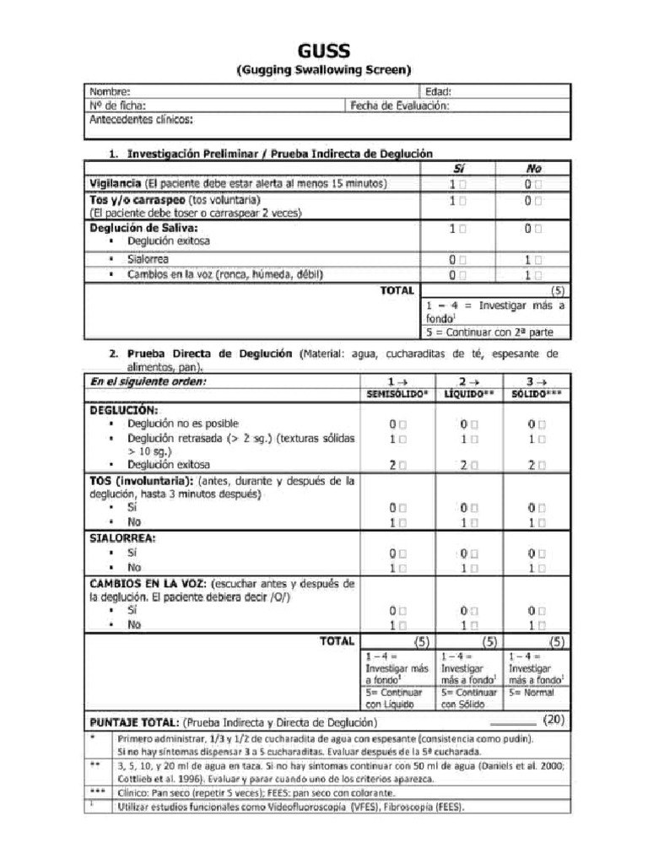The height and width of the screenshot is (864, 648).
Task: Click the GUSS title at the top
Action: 323,52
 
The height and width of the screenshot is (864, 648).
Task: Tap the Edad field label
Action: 438,92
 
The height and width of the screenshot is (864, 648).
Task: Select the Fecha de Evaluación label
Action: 398,105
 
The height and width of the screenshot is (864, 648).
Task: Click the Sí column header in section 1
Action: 458,169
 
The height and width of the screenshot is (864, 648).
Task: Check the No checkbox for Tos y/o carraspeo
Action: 537,201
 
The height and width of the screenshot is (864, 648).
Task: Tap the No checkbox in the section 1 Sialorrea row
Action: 537,261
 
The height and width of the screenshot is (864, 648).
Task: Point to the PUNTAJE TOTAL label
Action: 133,722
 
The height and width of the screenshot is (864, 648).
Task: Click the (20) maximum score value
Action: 553,720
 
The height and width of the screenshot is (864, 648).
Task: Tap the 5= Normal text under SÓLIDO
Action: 532,693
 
